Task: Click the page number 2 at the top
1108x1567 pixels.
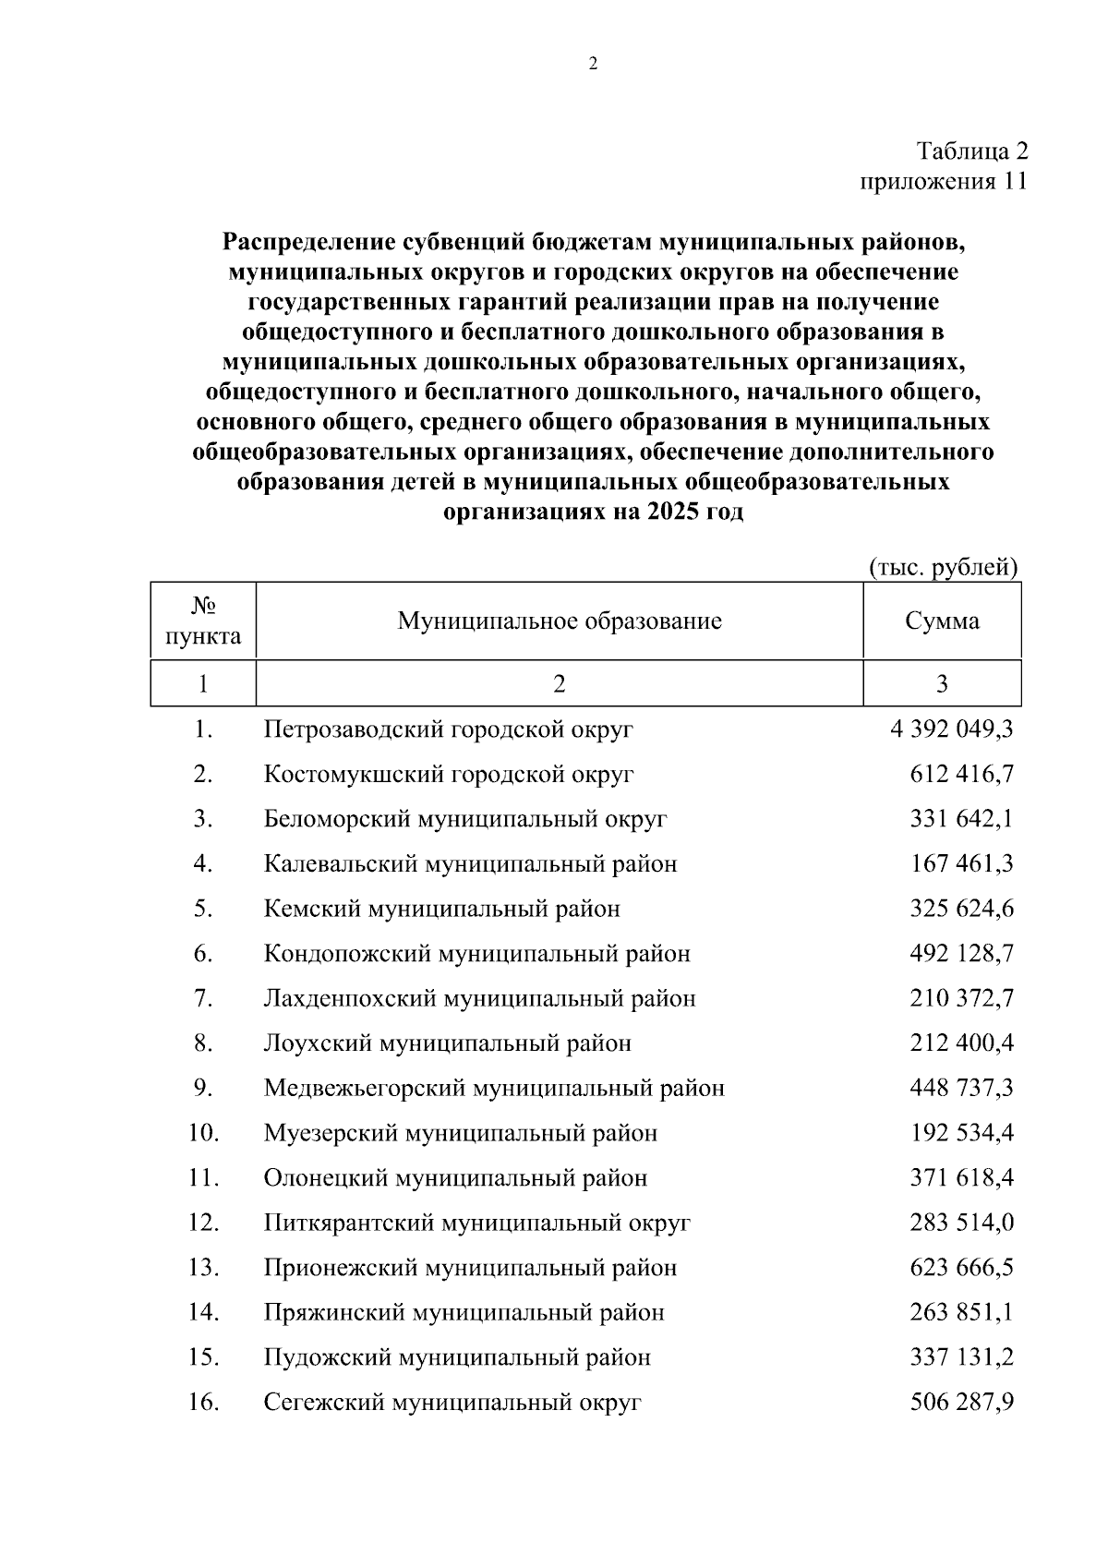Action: (592, 64)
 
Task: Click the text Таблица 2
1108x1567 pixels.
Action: (971, 151)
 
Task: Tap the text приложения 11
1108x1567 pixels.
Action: (943, 181)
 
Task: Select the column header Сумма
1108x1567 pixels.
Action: (942, 621)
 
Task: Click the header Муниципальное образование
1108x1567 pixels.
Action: (560, 621)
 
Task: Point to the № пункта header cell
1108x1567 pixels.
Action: (203, 621)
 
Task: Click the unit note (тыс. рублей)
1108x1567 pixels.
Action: (943, 566)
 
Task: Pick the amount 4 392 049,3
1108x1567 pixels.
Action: (952, 729)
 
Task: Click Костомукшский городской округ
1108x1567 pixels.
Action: (449, 774)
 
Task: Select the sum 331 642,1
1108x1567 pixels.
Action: (961, 819)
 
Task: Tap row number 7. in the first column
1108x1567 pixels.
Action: (203, 998)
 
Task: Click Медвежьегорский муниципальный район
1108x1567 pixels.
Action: (494, 1088)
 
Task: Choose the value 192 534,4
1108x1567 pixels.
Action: (961, 1132)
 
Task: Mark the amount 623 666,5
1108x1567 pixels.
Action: (961, 1267)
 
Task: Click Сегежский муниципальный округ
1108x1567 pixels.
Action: (452, 1403)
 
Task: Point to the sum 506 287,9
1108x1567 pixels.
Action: (961, 1403)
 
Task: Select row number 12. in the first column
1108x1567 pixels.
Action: (203, 1223)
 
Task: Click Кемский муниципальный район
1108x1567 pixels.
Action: (441, 909)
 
